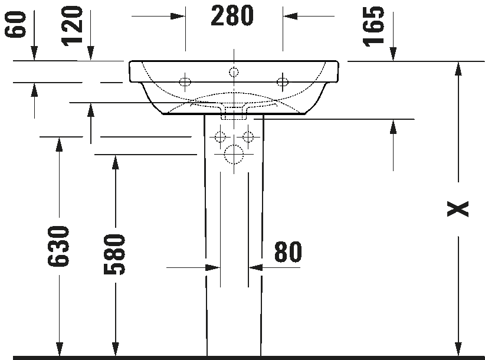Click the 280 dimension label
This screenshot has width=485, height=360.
click(x=232, y=16)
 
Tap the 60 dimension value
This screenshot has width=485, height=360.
click(x=15, y=24)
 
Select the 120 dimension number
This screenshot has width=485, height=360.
click(x=73, y=26)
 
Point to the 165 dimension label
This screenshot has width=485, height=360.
click(x=373, y=27)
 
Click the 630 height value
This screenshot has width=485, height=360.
click(x=58, y=246)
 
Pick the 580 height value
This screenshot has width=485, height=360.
click(x=114, y=254)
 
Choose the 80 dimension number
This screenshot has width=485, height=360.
click(x=288, y=252)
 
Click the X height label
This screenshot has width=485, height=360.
click(x=458, y=209)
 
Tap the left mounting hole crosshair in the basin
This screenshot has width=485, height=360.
click(x=185, y=82)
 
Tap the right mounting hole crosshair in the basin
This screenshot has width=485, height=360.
click(x=283, y=82)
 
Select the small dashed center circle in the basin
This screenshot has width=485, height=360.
click(x=234, y=73)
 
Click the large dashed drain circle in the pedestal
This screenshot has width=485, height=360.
click(x=234, y=154)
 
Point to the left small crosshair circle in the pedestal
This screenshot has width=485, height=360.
click(x=220, y=136)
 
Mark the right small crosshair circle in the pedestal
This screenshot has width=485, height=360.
click(x=248, y=136)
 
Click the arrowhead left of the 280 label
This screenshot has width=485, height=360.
click(x=178, y=16)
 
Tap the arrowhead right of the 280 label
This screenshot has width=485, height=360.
click(x=290, y=16)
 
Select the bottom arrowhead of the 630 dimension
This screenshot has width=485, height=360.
click(x=59, y=349)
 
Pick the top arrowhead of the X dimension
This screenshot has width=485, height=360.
click(x=458, y=68)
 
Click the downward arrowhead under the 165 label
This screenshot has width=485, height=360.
click(x=393, y=54)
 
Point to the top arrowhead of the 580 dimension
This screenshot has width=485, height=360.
click(x=116, y=162)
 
